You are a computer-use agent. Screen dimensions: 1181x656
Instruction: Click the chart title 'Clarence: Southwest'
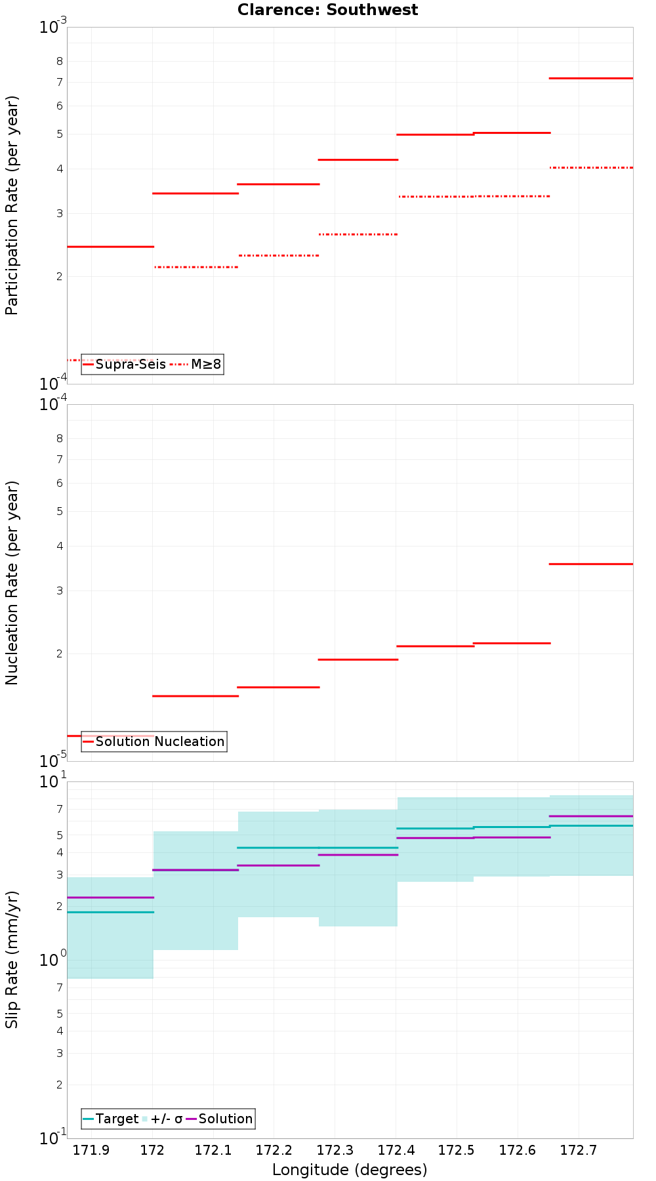coord(327,10)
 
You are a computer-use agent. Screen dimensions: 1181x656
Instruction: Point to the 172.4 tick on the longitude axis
coord(396,1150)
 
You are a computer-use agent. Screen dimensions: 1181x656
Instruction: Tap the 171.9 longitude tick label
coord(91,1150)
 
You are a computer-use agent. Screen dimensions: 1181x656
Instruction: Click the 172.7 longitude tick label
coord(579,1150)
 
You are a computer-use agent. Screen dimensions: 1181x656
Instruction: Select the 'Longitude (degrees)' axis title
coord(350,1169)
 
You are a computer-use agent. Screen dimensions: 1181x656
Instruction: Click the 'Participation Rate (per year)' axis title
coord(12,205)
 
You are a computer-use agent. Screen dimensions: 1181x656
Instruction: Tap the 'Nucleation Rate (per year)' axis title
coord(12,583)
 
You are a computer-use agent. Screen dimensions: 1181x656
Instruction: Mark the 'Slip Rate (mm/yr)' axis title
coord(12,959)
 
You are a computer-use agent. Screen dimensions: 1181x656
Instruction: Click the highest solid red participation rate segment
coord(591,78)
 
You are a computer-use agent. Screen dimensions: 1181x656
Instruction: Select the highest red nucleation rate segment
coord(591,564)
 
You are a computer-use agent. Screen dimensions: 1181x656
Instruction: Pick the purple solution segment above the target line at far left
coord(110,897)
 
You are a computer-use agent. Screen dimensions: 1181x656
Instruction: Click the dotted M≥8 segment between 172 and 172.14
coord(195,267)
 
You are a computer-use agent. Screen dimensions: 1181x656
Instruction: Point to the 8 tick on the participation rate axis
coord(59,61)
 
